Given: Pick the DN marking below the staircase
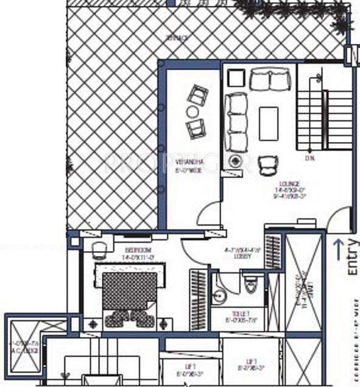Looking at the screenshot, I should pyautogui.click(x=310, y=158).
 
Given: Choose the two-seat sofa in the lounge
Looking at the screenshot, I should pyautogui.click(x=269, y=79).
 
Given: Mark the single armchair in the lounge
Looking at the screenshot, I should pyautogui.click(x=269, y=163).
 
